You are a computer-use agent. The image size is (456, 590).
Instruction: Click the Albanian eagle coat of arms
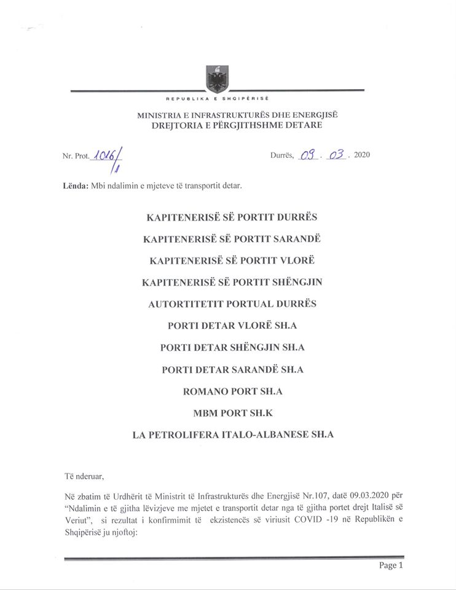(x=217, y=79)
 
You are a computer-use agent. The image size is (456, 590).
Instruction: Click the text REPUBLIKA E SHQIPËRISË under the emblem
(x=218, y=98)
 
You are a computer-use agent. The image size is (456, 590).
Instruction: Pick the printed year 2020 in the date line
(x=362, y=155)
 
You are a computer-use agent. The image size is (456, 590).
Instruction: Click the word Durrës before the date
(x=282, y=155)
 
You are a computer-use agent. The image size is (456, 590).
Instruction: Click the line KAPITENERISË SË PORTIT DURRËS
(x=232, y=218)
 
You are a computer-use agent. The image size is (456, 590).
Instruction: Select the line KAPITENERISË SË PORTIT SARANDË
(x=232, y=238)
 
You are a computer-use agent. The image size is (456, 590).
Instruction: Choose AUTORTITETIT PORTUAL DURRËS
(x=232, y=304)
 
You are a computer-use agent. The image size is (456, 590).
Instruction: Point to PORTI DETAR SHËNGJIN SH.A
(x=232, y=347)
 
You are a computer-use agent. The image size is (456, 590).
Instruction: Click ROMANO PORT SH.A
(x=232, y=391)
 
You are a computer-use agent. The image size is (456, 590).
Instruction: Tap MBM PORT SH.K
(x=232, y=412)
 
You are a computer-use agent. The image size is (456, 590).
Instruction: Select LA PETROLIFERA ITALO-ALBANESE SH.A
(x=232, y=435)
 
